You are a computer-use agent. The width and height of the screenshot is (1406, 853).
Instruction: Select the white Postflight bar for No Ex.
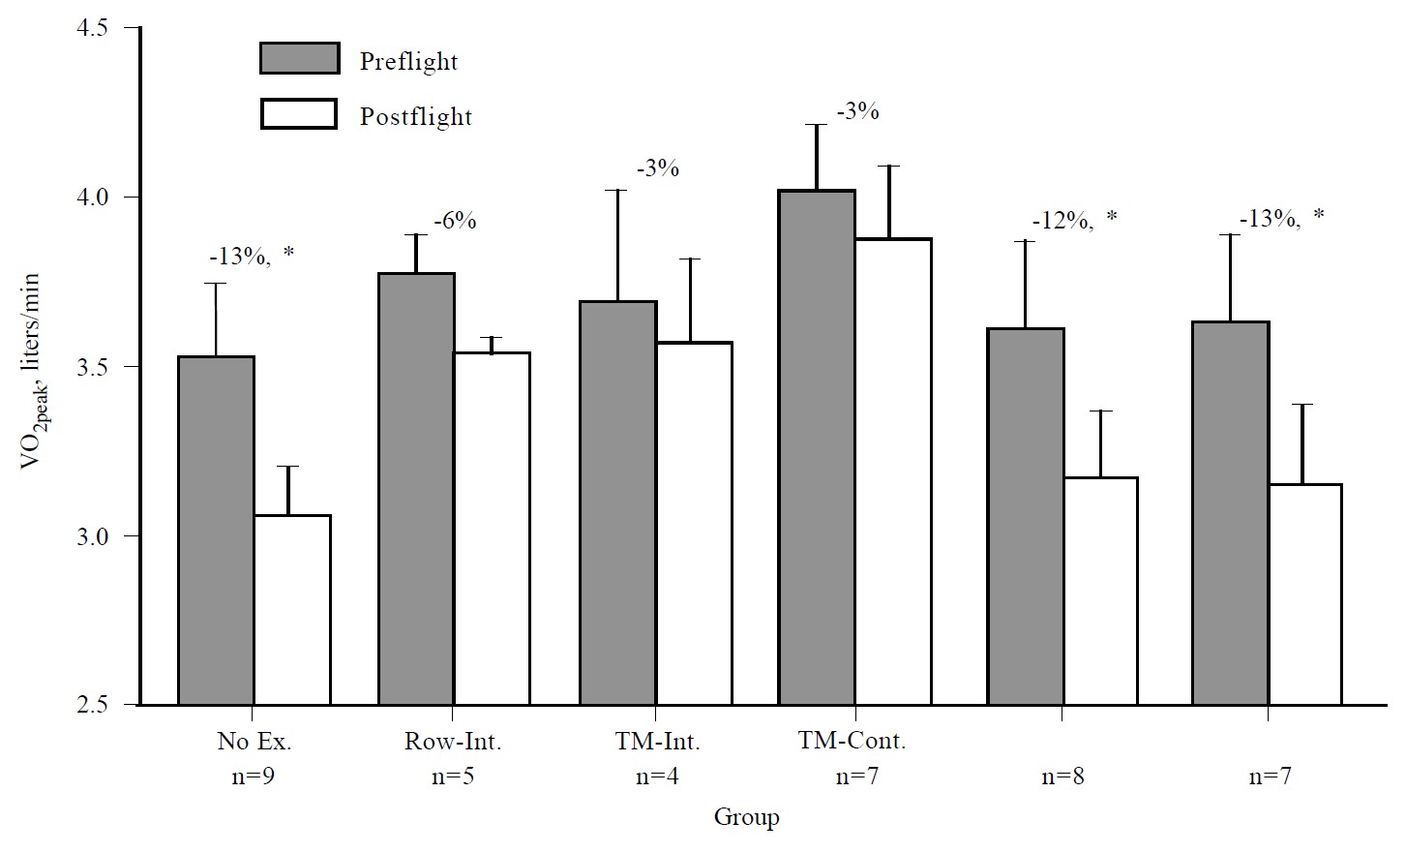[x=292, y=610]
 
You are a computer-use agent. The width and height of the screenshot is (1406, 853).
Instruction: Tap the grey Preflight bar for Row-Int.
[x=416, y=489]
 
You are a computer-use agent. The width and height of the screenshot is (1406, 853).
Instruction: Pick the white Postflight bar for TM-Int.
[x=694, y=523]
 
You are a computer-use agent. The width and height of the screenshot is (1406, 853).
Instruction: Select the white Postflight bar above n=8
[x=1100, y=591]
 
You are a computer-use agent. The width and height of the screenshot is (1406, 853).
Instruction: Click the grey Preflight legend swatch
[x=299, y=58]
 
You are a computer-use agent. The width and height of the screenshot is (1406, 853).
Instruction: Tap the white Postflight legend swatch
[x=299, y=114]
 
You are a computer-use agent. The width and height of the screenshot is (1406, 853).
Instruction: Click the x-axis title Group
[x=746, y=818]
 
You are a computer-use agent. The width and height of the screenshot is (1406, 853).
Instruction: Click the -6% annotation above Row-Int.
[x=455, y=221]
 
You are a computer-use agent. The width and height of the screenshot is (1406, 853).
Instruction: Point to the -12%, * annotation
[x=1073, y=220]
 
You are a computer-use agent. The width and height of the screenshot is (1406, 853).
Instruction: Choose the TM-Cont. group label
[x=853, y=742]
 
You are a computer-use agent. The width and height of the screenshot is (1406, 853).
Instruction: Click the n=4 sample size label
[x=657, y=777]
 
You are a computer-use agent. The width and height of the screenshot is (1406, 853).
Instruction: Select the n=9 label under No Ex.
[x=254, y=777]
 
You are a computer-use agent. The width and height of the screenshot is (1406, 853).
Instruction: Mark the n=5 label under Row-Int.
[x=453, y=777]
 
